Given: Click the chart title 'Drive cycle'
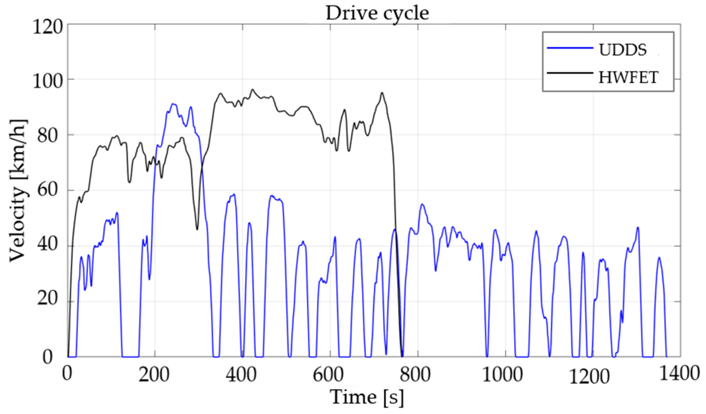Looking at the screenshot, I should (x=377, y=13).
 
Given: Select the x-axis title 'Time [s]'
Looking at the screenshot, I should (x=367, y=397).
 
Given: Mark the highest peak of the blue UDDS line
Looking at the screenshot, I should (x=173, y=104).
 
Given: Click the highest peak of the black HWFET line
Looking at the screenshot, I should (x=252, y=90).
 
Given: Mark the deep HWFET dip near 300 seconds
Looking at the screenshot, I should (x=197, y=229).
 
